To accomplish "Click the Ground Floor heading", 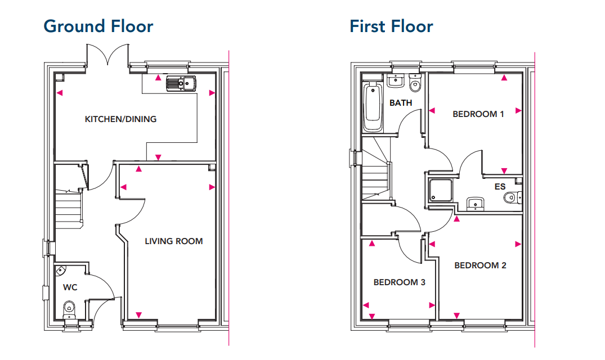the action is pos(98,26).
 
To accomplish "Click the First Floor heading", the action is pos(391,26).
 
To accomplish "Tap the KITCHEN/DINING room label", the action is pos(121,119).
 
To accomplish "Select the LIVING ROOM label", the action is pos(174,241).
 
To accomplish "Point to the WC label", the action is pos(70,287).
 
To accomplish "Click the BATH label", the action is pos(401,103).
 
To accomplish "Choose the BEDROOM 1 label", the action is pos(478,114).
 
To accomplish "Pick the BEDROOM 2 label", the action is pos(480,265).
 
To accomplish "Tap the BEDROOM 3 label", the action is pos(400,282).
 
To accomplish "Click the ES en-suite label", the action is pos(500,187).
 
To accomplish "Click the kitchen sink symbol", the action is pos(181,83).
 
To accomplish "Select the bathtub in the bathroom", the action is pos(373,106).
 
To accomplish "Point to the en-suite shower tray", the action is pos(441,190).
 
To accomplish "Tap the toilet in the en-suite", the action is pos(512,198).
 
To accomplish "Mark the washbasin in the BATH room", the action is pos(395,80).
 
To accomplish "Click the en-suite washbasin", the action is pos(476,203).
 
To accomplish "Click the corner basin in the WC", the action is pos(61,271).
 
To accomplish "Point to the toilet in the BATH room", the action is pos(415,83).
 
